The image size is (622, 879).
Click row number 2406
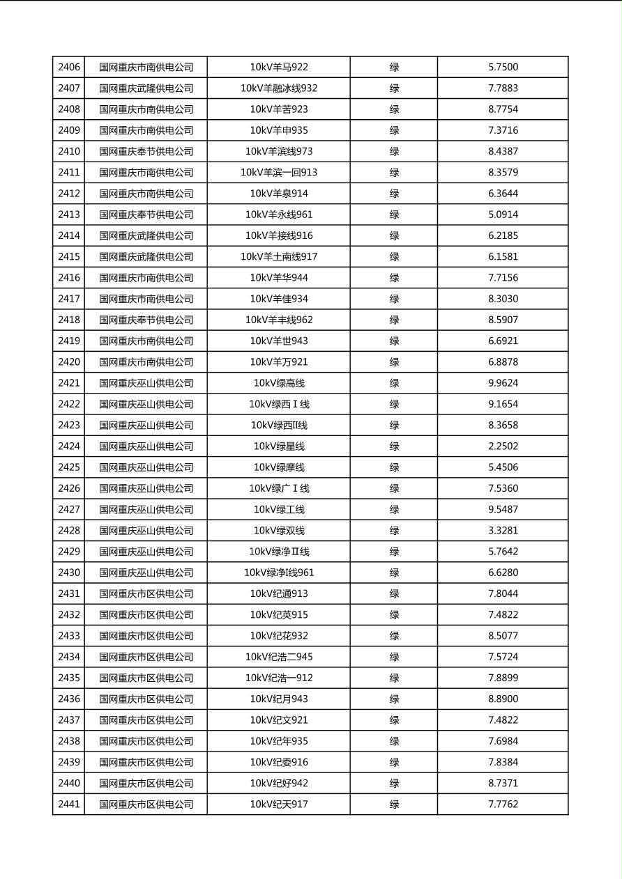pyautogui.click(x=69, y=68)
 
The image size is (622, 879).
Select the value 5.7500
pyautogui.click(x=503, y=68)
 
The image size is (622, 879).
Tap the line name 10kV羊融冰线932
pyautogui.click(x=279, y=88)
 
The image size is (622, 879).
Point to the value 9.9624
pyautogui.click(x=503, y=383)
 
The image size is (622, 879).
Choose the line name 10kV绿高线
pyautogui.click(x=279, y=383)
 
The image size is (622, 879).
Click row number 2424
pyautogui.click(x=69, y=446)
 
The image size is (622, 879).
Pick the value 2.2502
pyautogui.click(x=503, y=446)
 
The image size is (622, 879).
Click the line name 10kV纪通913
pyautogui.click(x=279, y=594)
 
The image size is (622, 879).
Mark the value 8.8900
pyautogui.click(x=503, y=699)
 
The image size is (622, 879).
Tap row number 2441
pyautogui.click(x=69, y=804)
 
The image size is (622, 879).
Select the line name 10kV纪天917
pyautogui.click(x=279, y=804)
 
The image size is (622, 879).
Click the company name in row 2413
pyautogui.click(x=146, y=215)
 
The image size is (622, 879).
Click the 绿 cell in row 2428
pyautogui.click(x=394, y=531)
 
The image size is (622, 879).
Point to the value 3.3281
pyautogui.click(x=503, y=531)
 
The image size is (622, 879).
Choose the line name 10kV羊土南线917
pyautogui.click(x=279, y=257)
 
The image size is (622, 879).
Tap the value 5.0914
pyautogui.click(x=503, y=215)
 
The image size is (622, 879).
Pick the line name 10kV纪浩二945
pyautogui.click(x=279, y=657)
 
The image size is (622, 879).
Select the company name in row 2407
pyautogui.click(x=146, y=88)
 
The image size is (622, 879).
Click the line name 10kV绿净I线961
pyautogui.click(x=279, y=573)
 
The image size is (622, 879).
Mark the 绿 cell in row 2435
pyautogui.click(x=394, y=678)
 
